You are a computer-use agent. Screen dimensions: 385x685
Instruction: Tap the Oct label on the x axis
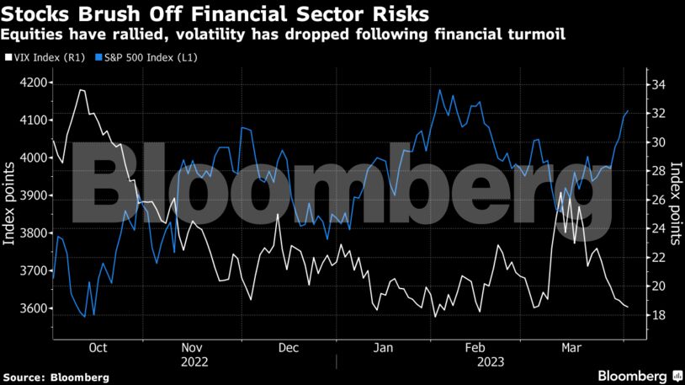tap(97, 348)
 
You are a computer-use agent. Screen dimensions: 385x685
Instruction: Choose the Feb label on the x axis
tap(475, 348)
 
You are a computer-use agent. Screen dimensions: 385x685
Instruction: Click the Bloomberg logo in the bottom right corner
tap(640, 375)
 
